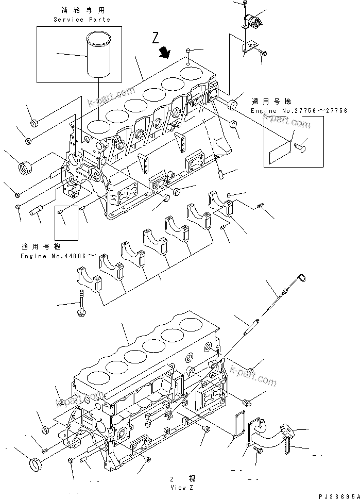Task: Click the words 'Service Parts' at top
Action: (x=82, y=20)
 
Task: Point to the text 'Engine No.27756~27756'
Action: (x=299, y=111)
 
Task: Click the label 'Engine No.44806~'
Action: (x=58, y=256)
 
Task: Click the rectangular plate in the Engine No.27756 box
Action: (x=280, y=151)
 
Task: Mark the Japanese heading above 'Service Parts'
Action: (x=82, y=10)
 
